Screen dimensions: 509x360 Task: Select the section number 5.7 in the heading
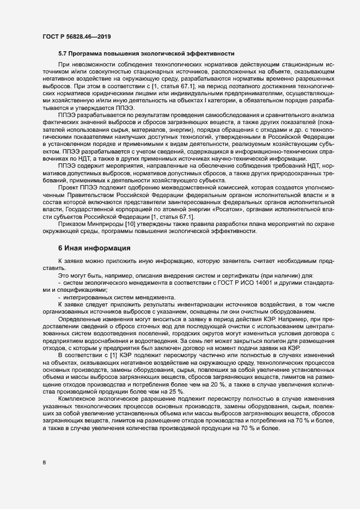click(x=63, y=53)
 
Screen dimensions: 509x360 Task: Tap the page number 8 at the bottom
click(x=44, y=463)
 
